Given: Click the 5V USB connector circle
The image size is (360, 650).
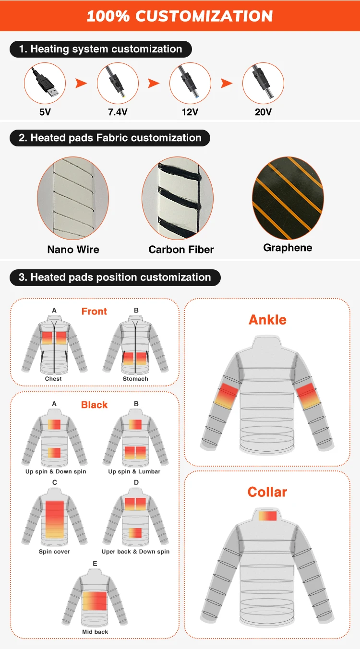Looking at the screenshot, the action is coord(45,84).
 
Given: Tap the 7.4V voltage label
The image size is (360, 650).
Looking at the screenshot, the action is coord(118,112).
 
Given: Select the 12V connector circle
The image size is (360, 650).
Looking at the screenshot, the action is coord(190,84).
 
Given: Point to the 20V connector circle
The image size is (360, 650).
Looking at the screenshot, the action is coord(263,84).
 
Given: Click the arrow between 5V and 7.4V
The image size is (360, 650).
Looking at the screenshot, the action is coord(81,84).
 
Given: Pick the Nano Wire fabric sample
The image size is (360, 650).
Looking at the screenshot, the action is coord(73,198).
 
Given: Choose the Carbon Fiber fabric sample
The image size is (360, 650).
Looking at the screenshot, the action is coord(177,198).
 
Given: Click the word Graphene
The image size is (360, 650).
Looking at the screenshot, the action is coord(288,248).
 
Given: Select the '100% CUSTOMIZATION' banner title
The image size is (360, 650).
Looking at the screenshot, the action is coord(180,16).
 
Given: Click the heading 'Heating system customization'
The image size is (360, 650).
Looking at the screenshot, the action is coord(100,49).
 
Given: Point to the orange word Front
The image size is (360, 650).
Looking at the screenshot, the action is coord(94,312).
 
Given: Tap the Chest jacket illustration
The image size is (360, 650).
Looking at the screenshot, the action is coord(54,345).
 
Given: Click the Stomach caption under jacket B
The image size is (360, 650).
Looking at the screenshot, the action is coord(135,379).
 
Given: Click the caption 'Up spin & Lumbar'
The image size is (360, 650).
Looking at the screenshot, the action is coord(134,471).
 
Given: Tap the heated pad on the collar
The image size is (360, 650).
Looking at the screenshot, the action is coord(268,516).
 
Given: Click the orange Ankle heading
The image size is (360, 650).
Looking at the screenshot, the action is coord(267,320).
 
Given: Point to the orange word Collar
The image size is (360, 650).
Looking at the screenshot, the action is coord(267,492).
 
